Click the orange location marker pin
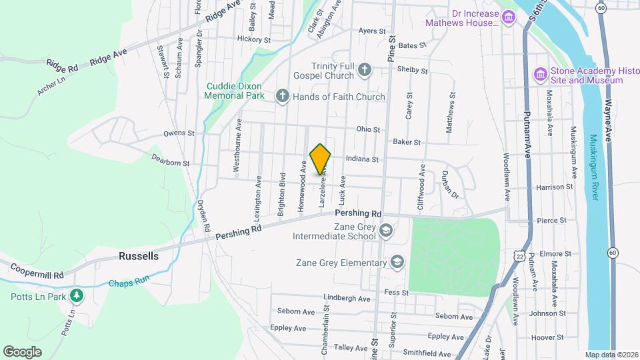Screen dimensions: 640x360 [321, 159]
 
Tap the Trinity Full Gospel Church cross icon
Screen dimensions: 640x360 [364, 69]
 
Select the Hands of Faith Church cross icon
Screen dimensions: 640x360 [282, 97]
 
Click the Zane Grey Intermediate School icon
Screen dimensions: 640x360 [385, 231]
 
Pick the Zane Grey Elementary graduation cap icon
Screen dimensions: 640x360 [398, 262]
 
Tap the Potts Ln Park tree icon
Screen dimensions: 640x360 [77, 295]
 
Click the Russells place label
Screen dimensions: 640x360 [139, 256]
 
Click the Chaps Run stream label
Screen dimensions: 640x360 [130, 283]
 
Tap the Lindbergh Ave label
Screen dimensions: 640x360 [346, 298]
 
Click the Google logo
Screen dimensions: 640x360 [23, 351]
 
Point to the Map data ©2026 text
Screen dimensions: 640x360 [611, 355]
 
